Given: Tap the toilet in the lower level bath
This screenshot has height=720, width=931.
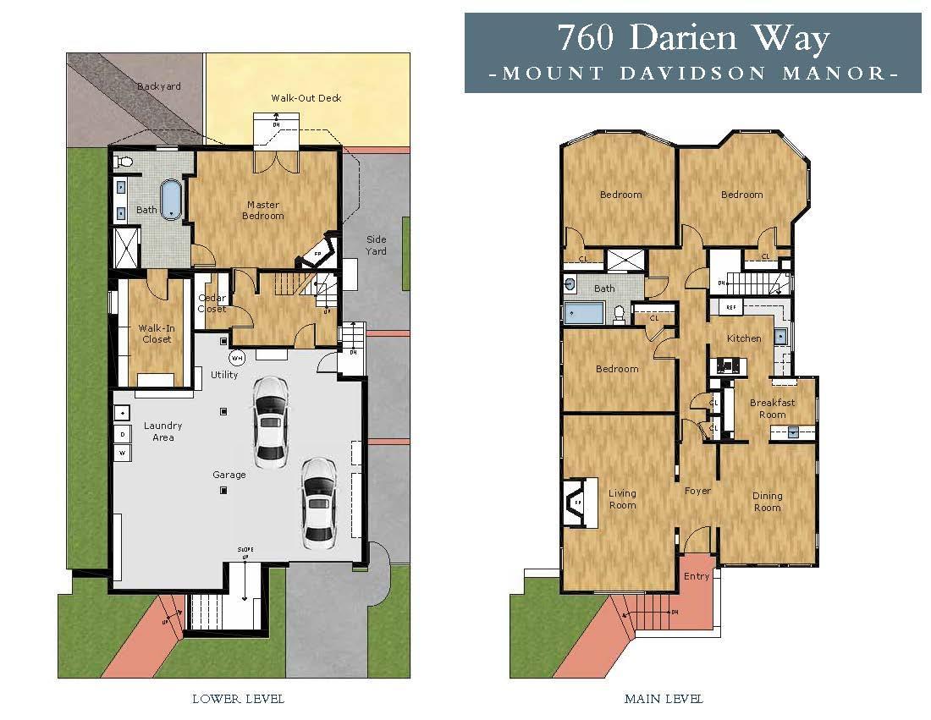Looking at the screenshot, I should point(124,161).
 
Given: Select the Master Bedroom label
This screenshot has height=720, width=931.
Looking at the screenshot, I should point(263,210).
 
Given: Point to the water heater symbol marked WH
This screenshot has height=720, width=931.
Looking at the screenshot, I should point(238,358).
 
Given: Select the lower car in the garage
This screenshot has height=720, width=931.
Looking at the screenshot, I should point(318,499).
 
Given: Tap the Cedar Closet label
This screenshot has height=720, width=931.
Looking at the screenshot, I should point(212,303).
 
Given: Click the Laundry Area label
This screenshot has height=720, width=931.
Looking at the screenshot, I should point(163,431).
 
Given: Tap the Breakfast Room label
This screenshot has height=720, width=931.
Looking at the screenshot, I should point(772,409).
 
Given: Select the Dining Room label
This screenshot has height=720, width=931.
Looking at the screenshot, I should point(767,502).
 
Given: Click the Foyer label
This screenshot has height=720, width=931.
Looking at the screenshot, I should point(697,491).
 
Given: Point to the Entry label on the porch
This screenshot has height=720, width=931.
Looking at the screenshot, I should point(697,576).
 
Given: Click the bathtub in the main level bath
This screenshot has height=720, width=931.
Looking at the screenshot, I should point(584,314).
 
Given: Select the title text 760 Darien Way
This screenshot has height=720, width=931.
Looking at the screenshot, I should point(692,38).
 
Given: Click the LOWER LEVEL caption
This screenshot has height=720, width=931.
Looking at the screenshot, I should point(238,699).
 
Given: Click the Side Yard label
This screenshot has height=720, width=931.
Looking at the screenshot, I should point(376,245).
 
